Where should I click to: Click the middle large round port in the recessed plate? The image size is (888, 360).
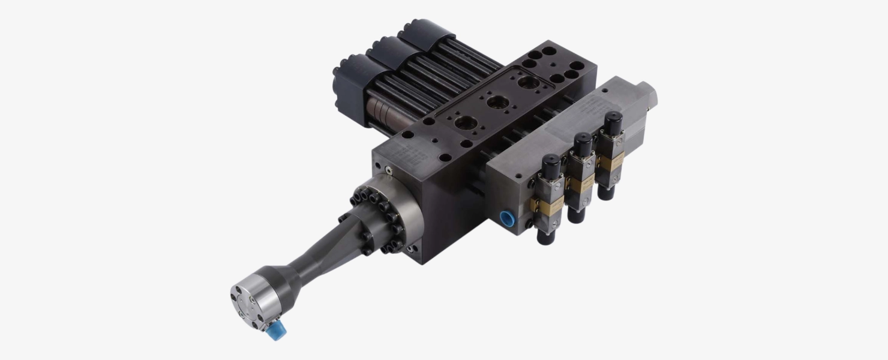pos(497,102)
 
